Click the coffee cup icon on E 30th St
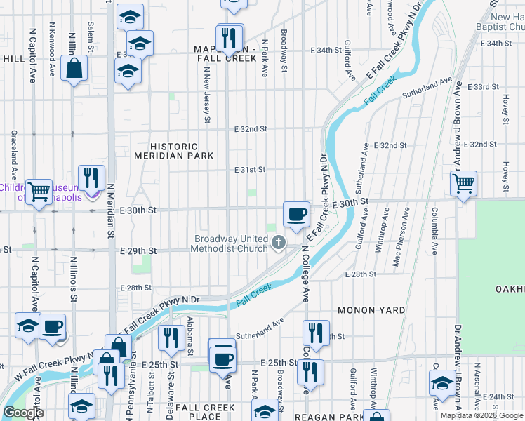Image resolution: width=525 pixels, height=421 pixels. [x=296, y=213]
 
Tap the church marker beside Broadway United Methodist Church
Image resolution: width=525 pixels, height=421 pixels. [x=279, y=243]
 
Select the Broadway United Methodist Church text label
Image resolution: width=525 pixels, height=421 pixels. [x=231, y=243]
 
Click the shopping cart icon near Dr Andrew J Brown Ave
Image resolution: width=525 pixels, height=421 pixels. [x=463, y=184]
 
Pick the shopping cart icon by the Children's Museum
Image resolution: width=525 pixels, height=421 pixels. [x=39, y=190]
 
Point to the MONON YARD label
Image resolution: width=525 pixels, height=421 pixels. [x=371, y=309]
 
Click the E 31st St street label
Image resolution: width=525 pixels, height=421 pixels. [x=250, y=169]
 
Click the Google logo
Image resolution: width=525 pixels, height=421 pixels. [x=24, y=413]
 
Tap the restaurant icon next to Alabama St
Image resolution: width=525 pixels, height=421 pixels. [x=168, y=338]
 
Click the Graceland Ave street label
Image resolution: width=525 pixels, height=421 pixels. [x=13, y=156]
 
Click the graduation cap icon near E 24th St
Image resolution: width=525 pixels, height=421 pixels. [x=441, y=383]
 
